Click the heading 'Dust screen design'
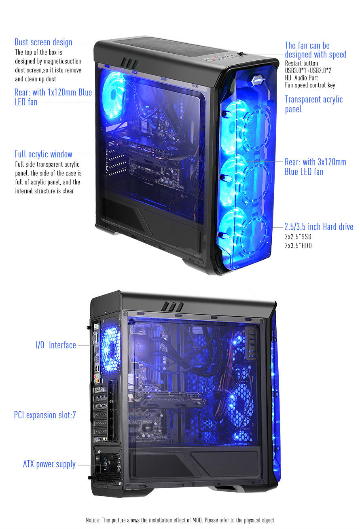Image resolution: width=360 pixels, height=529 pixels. coord(43,42)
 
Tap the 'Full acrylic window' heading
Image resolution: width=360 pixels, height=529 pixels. coord(43,154)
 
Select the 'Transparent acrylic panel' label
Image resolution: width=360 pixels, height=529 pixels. coord(314,104)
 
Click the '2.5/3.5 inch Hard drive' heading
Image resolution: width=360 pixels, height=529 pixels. coord(319,226)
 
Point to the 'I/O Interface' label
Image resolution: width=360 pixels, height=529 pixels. coord(56,345)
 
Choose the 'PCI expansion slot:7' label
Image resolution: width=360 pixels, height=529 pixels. coord(45,415)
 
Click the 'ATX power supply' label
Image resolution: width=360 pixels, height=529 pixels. coord(49,464)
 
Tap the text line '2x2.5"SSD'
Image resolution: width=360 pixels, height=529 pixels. coord(298,237)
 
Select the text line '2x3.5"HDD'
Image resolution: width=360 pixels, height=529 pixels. coord(298,245)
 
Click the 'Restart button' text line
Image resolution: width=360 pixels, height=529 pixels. coord(301,63)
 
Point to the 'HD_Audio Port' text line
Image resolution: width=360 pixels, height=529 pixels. coord(301,78)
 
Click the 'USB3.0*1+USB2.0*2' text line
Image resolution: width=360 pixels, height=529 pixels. coord(308,70)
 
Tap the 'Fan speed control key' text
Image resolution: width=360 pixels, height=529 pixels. coord(310,85)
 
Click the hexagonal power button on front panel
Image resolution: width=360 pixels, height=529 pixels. coord(257,80)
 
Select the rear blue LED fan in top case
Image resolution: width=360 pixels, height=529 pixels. coord(113,95)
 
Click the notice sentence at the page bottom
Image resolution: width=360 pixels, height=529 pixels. coord(180,520)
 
